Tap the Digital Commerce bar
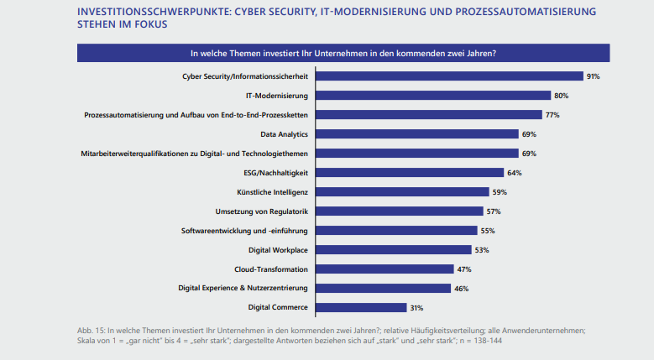click(360, 308)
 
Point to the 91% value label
click(593, 76)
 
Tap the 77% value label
click(552, 115)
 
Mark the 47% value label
click(464, 269)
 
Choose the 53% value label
click(481, 250)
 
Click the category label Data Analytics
click(285, 134)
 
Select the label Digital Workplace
click(279, 250)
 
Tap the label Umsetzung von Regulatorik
click(262, 211)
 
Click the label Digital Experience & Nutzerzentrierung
click(243, 289)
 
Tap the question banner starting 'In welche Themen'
click(343, 53)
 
